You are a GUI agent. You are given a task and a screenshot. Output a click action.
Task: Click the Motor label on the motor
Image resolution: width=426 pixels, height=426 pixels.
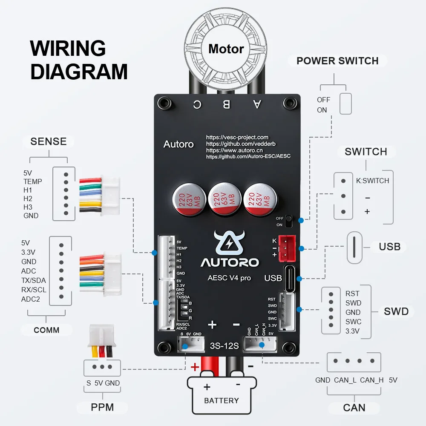[x=226, y=49]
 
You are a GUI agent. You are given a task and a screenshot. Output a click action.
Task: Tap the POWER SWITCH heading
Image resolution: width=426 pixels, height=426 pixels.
[x=337, y=61]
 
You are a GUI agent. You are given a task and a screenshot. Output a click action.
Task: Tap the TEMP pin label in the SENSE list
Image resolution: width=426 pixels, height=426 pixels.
[x=32, y=181]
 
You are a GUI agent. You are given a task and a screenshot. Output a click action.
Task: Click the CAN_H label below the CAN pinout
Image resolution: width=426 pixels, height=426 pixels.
[x=371, y=380]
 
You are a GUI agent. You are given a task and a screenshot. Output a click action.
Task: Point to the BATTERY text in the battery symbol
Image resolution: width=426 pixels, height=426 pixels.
[x=221, y=400]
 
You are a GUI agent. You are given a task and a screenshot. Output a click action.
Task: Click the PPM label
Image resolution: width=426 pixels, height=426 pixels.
[x=102, y=407]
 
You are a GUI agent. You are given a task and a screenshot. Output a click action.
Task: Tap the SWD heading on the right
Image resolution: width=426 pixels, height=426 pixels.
[x=396, y=311]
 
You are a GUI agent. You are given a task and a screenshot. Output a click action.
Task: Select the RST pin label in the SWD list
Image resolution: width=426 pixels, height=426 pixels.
[x=352, y=294]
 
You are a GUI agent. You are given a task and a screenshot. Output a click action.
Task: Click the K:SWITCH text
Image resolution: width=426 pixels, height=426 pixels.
[x=372, y=181]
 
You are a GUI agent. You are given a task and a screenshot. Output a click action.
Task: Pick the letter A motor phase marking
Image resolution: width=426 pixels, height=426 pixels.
[x=256, y=104]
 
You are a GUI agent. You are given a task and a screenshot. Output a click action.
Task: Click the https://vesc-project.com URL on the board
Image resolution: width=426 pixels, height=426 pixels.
[x=237, y=137]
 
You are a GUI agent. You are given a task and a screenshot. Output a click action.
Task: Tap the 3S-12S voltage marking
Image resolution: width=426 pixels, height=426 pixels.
[x=225, y=345]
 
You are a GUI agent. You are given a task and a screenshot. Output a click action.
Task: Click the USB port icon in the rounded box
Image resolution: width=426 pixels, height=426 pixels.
[x=354, y=248]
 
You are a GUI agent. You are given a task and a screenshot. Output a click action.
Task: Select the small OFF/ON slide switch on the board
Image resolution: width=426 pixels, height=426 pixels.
[x=289, y=221]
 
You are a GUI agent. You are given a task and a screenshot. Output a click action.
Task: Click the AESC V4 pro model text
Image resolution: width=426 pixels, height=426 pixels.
[x=229, y=278]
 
